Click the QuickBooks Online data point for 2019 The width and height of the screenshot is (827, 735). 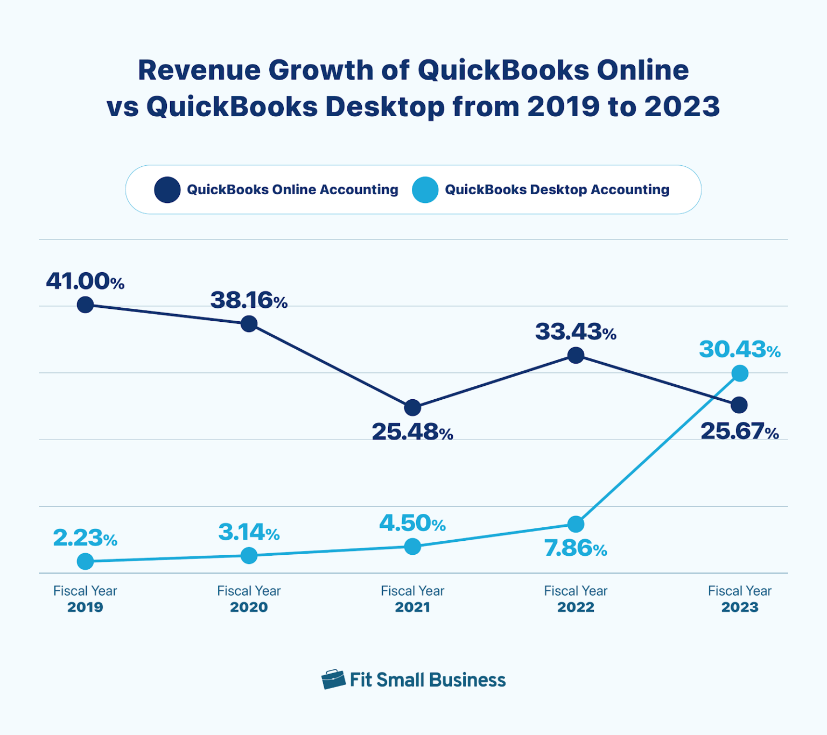pos(85,305)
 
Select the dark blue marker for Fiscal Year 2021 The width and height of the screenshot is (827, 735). pos(412,407)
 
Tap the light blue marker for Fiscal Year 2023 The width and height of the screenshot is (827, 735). pos(740,373)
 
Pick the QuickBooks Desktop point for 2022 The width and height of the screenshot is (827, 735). pos(576,524)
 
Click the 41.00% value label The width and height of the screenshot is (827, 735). pos(85,281)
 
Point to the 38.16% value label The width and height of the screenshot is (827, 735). pos(249,300)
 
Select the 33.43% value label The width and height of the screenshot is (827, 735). pos(576,331)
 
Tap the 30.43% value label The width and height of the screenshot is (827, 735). pos(740,350)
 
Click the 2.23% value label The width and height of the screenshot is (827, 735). pos(85,538)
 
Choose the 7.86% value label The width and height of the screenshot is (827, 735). pos(576,548)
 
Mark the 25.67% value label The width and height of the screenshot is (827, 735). pos(740,432)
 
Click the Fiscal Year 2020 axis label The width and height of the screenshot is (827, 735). pos(249,599)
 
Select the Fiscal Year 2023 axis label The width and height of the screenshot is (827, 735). pos(740,599)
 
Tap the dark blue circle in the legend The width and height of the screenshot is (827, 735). pos(167,190)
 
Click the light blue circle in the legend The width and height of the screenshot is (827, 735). pos(425,190)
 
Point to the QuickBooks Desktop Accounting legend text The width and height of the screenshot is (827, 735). pos(557,190)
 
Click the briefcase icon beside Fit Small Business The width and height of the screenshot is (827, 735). pos(333,680)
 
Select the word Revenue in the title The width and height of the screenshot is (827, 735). pos(199,70)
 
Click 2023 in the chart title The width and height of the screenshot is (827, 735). pos(682,107)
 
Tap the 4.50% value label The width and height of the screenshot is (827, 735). pos(412,523)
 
